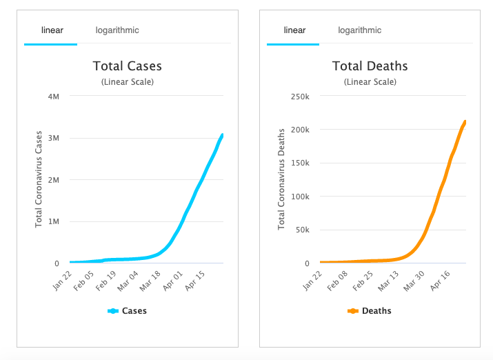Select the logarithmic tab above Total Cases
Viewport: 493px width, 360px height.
(x=117, y=30)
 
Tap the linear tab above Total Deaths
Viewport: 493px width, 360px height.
(x=294, y=30)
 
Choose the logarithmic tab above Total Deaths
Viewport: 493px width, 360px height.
(x=359, y=30)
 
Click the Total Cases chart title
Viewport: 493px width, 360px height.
(x=128, y=67)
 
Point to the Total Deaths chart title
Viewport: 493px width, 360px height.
(x=370, y=67)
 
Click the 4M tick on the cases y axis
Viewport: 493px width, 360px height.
(x=53, y=96)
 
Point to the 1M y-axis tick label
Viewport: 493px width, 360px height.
(x=53, y=221)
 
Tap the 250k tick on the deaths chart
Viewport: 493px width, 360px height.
(x=300, y=96)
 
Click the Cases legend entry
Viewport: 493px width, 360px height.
(x=128, y=311)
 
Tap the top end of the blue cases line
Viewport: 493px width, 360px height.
(x=222, y=135)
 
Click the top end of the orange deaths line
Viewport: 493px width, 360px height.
(x=465, y=123)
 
